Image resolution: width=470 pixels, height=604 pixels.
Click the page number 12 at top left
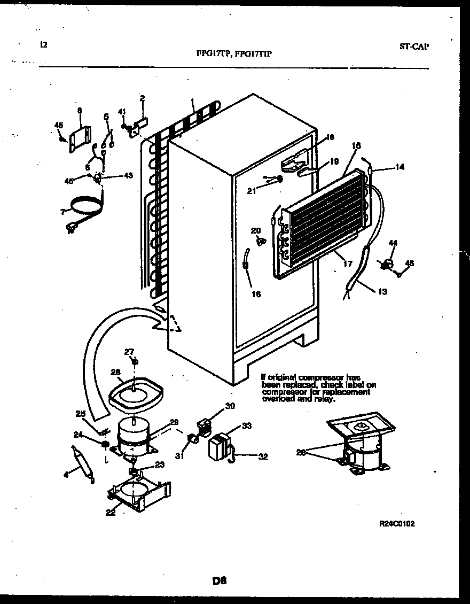click(43, 45)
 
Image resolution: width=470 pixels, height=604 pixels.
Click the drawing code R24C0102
click(397, 524)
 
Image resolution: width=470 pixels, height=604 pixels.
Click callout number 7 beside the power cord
click(63, 212)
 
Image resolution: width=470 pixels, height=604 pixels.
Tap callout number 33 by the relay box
click(246, 425)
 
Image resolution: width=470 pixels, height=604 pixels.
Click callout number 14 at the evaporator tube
click(399, 167)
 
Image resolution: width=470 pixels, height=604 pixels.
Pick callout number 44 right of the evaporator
click(393, 243)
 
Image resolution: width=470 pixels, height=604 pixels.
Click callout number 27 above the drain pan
click(129, 351)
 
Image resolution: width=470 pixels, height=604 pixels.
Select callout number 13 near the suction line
click(382, 292)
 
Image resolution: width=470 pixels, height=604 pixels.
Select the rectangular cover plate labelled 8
click(79, 139)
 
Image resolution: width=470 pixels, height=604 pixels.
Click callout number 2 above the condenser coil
click(142, 98)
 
